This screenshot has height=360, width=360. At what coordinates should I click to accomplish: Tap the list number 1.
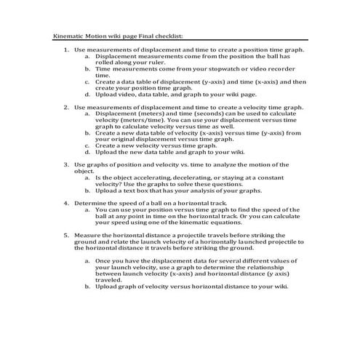click(x=67, y=49)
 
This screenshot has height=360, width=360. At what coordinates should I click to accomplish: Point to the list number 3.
click(x=67, y=165)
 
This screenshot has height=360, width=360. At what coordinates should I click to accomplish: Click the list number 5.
click(x=67, y=235)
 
